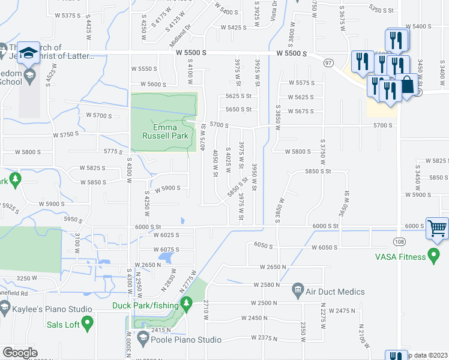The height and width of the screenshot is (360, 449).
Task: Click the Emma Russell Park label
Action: (163, 131)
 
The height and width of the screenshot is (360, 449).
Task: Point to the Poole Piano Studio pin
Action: (143, 340)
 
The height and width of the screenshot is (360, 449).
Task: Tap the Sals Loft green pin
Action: (88, 324)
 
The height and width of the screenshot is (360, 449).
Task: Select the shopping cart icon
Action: (437, 228)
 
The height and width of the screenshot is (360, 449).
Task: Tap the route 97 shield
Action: (328, 62)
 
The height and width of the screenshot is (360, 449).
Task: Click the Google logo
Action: (20, 353)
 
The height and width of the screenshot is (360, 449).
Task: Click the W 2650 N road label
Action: (274, 266)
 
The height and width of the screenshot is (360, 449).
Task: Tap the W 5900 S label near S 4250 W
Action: (169, 188)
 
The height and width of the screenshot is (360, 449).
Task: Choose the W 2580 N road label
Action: (268, 284)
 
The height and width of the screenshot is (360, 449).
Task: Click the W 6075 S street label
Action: (166, 250)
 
